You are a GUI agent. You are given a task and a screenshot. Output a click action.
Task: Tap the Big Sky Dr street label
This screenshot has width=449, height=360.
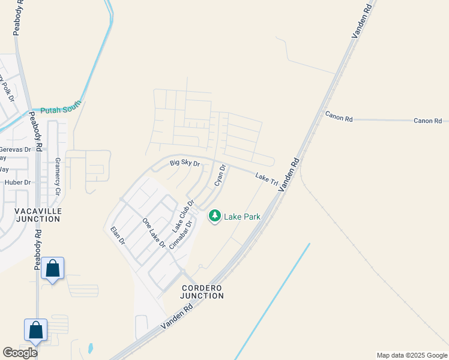(x=184, y=163)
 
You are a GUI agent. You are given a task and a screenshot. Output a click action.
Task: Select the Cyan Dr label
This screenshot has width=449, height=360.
(x=220, y=175)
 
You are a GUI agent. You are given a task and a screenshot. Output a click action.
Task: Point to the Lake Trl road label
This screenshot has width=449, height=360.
(x=266, y=178)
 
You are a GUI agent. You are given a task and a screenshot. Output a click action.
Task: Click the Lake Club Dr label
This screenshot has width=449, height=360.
(x=183, y=216)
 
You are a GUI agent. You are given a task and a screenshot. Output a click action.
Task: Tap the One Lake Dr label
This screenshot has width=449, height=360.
(x=154, y=233)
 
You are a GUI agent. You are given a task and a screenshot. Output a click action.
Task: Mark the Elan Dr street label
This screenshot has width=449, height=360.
(x=118, y=235)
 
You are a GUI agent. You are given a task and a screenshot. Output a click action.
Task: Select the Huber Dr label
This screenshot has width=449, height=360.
(x=17, y=182)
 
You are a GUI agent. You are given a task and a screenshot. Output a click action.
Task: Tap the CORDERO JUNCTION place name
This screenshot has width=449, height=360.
(x=203, y=292)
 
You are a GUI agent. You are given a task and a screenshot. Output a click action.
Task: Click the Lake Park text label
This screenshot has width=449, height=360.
(x=242, y=217)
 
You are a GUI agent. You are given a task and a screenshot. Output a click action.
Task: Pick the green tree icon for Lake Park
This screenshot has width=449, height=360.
(x=214, y=216)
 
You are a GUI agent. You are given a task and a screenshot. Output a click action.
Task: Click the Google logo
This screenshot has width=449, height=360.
(x=20, y=353)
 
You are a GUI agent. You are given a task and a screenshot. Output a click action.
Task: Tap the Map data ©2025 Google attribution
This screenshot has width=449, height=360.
(x=411, y=355)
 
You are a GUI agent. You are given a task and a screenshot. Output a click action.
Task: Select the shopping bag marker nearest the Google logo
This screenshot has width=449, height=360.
(x=35, y=331)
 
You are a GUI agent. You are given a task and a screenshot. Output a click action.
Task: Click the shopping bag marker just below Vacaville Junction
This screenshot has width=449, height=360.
(x=53, y=269)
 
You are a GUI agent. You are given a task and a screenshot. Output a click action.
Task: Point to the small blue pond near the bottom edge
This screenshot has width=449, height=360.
(x=90, y=348)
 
